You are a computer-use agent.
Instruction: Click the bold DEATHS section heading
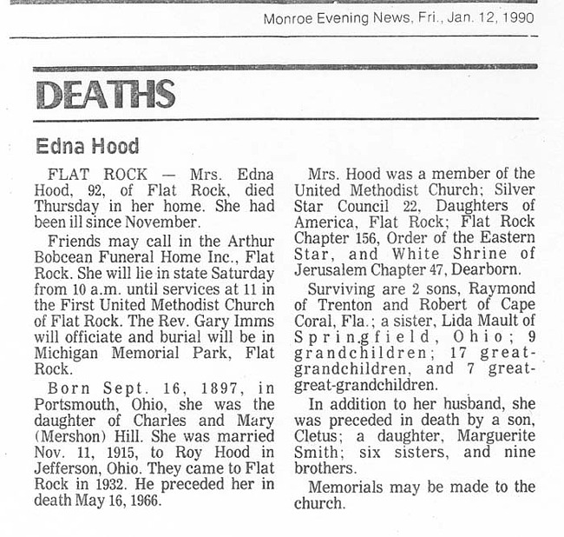(x=106, y=94)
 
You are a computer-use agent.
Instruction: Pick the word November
(x=166, y=222)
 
